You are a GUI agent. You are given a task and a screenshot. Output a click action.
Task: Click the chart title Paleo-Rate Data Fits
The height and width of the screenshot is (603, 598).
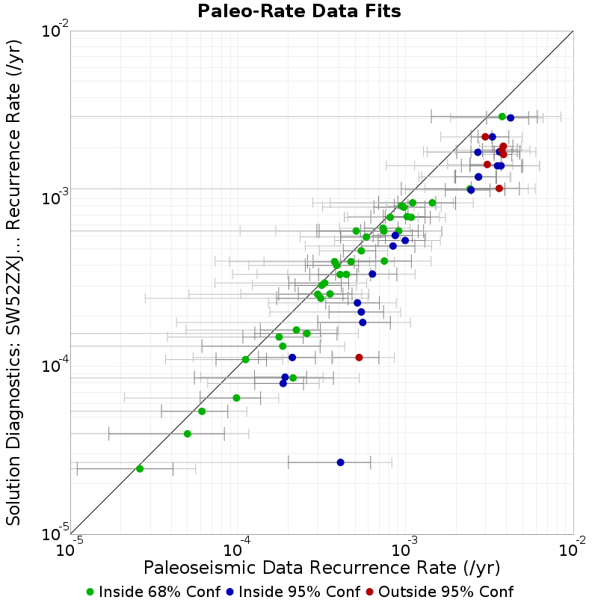[x=299, y=10]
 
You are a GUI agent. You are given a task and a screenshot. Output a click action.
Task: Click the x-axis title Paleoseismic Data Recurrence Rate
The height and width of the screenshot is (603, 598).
[x=321, y=568]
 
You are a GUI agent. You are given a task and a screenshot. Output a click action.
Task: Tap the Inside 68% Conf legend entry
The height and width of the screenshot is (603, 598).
[x=154, y=592]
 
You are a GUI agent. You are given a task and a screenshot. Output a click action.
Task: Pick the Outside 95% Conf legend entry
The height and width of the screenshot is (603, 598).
[x=440, y=592]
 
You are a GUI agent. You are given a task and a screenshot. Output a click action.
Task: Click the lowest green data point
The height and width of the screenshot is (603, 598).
[x=140, y=469]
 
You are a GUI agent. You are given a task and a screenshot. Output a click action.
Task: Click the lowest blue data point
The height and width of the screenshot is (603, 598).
[x=341, y=462]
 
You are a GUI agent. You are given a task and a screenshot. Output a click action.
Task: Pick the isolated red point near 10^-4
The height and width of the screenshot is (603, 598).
[x=359, y=358]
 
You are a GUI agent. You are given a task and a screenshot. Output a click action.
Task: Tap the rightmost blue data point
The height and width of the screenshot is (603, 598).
[x=511, y=118]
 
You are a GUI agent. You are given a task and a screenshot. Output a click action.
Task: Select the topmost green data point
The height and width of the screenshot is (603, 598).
[x=502, y=117]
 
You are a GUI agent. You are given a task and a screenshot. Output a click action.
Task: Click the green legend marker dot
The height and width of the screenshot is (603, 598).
[x=90, y=593]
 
